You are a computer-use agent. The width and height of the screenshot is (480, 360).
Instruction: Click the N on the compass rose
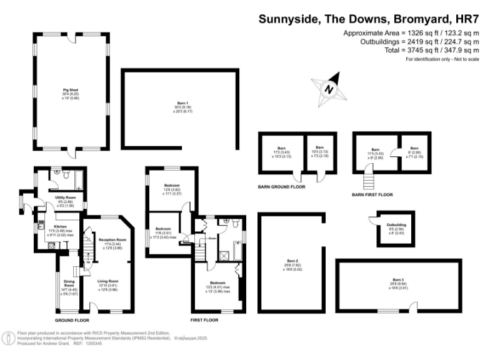329,89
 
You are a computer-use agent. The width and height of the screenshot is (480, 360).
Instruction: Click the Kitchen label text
60,226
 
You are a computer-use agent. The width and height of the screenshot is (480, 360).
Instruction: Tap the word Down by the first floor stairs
212,238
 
